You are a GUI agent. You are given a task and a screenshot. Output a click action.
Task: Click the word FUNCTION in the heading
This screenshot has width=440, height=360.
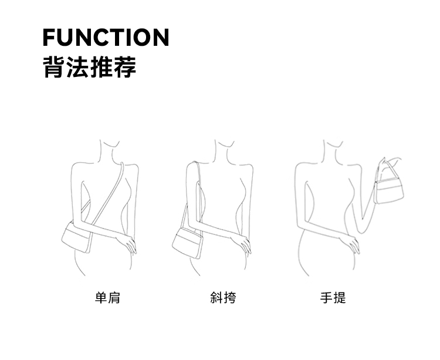[x=106, y=37]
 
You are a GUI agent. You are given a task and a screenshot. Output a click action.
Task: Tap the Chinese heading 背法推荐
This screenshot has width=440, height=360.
[x=90, y=67]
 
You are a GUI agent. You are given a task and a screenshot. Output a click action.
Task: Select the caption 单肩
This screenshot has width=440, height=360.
[x=107, y=298]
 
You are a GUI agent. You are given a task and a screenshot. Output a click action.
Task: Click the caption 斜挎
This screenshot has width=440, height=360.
[x=223, y=298]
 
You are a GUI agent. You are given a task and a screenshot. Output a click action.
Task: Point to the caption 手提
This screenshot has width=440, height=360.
[x=333, y=298]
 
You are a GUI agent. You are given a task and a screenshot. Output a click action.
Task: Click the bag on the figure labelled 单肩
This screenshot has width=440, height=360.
[x=76, y=237]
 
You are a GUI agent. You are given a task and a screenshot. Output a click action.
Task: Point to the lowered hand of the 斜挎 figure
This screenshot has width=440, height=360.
[x=242, y=244]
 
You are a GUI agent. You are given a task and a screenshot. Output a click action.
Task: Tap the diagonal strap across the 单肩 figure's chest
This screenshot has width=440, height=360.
[x=107, y=194]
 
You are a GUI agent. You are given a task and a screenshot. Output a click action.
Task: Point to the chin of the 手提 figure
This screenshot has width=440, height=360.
[x=336, y=146]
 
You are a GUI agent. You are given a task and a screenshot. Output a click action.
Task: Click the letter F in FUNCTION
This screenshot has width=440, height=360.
[x=49, y=37]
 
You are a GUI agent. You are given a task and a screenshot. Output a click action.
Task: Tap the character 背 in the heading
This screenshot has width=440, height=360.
[x=54, y=67]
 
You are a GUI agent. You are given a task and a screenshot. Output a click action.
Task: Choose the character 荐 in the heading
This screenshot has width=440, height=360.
[x=125, y=67]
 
